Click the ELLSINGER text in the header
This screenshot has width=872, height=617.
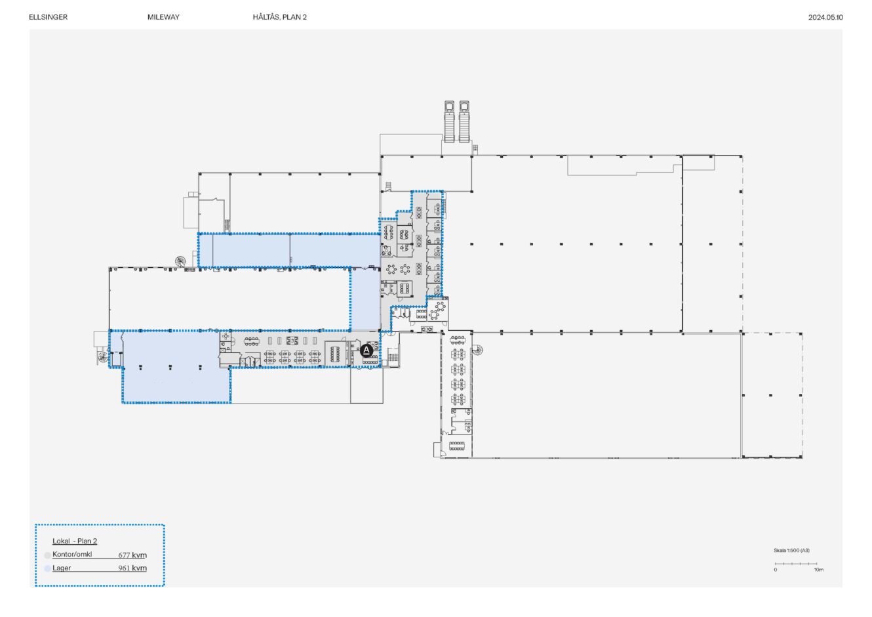49,17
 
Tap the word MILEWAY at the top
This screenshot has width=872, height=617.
163,17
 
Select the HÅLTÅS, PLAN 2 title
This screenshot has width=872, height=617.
280,17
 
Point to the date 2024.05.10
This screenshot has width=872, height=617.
825,18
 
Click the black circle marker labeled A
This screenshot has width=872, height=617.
367,351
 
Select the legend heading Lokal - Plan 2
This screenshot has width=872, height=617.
75,541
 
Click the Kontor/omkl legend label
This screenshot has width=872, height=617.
72,554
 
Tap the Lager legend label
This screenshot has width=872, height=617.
62,568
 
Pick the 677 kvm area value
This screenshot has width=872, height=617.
132,555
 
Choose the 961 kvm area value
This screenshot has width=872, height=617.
132,568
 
